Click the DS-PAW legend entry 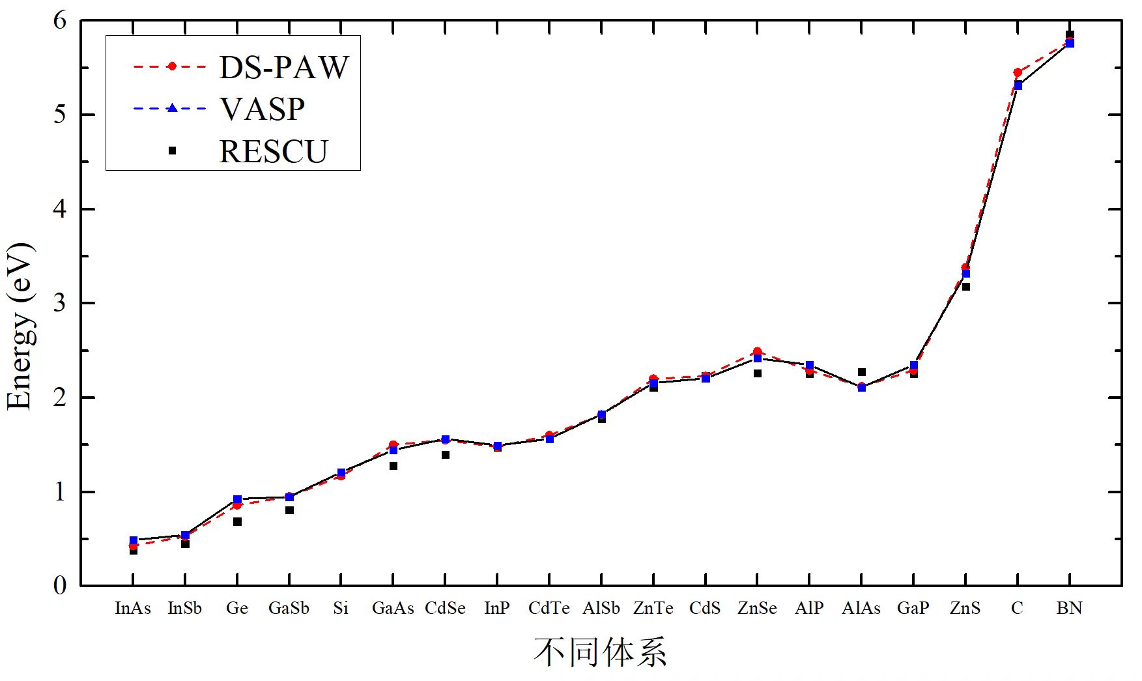click(284, 66)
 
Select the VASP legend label click(262, 109)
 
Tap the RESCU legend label click(273, 151)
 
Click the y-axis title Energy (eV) click(19, 326)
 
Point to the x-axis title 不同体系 click(600, 652)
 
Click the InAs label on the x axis click(133, 608)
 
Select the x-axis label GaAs click(393, 608)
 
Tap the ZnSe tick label click(757, 608)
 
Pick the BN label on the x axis click(1069, 608)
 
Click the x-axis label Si click(341, 608)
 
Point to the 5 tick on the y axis click(60, 115)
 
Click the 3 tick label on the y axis click(60, 303)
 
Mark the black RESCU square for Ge click(237, 521)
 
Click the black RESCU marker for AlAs click(861, 372)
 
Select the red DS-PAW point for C click(1017, 72)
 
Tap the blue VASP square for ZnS click(965, 274)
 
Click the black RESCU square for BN click(1069, 35)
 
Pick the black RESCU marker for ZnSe click(757, 373)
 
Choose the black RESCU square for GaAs click(393, 466)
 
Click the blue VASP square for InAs click(134, 540)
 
